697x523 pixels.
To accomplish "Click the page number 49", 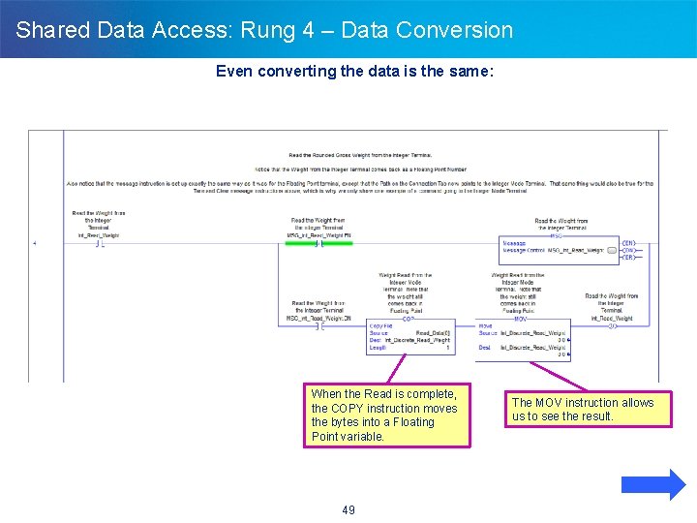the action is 348,510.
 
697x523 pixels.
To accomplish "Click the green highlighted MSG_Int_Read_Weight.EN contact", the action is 318,244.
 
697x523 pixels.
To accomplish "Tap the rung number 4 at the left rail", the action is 35,243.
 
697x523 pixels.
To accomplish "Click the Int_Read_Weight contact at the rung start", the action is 98,243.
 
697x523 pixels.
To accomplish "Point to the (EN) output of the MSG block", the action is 628,242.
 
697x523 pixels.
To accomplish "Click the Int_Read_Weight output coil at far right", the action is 612,326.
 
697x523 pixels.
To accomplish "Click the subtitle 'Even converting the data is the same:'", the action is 354,71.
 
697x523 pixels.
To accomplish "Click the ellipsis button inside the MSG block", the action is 611,250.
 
